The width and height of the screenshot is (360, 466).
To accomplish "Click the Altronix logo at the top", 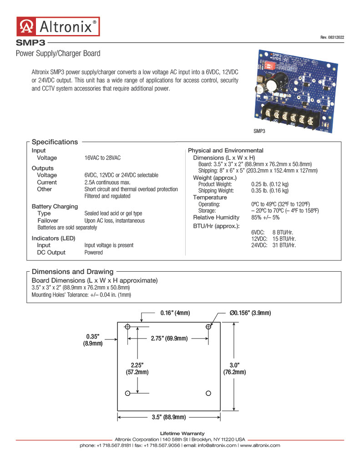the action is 58,26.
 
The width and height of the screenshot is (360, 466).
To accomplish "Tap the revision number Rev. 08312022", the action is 332,37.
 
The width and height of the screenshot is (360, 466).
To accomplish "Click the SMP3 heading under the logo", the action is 30,43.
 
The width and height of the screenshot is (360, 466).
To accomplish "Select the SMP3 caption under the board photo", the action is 259,131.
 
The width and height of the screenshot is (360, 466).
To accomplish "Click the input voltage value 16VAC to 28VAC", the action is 102,158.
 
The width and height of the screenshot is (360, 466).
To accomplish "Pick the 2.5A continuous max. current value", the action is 107,182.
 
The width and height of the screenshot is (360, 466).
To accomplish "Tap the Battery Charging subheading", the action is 55,206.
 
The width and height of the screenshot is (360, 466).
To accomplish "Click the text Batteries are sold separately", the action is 67,228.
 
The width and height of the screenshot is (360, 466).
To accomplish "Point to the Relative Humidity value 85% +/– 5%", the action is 265,217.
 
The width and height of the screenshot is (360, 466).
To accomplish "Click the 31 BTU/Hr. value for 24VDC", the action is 284,245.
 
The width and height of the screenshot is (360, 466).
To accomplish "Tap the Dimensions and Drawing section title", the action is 72,272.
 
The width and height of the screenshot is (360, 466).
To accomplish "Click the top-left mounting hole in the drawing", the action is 127,327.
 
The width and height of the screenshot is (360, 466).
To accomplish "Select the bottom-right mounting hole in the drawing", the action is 208,393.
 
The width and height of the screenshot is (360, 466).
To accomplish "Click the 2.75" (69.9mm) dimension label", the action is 169,338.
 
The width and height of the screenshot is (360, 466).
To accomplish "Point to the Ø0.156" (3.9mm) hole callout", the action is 250,313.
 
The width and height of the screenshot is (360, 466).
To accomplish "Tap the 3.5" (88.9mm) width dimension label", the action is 169,417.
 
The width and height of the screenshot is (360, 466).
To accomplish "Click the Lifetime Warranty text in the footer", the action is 182,433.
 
